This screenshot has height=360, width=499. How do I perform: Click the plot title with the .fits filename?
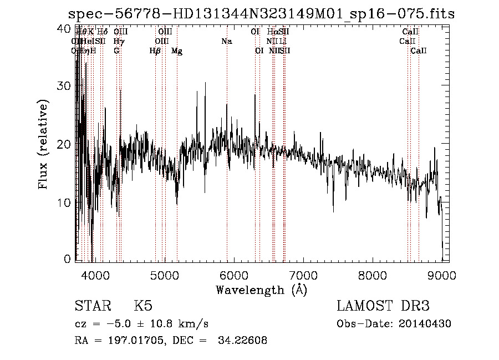click(261, 13)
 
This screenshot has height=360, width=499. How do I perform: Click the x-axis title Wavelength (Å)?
click(261, 290)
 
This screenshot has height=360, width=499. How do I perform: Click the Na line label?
click(226, 42)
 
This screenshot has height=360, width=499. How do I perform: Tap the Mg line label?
click(176, 51)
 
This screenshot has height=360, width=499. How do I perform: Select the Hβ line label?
click(155, 51)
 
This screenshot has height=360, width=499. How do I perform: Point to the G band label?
click(116, 51)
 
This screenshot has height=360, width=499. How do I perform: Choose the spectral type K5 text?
click(142, 306)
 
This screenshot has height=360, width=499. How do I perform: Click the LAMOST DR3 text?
click(383, 306)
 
